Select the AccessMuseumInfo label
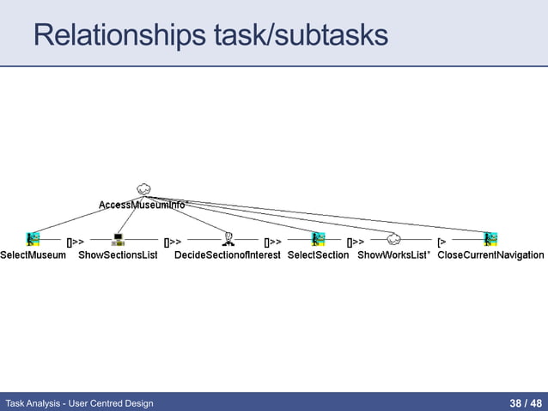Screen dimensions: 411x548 tap(142, 205)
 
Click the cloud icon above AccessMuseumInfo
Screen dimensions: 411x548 tap(143, 188)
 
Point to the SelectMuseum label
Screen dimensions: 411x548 tap(33, 255)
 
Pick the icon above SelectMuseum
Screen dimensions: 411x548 tap(33, 239)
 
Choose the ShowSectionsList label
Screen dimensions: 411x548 tap(118, 255)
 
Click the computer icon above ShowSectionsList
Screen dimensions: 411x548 tap(119, 239)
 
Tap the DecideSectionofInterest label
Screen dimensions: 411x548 tap(228, 255)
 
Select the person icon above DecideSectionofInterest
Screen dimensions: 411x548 tap(228, 239)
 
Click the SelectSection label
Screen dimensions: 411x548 tap(318, 255)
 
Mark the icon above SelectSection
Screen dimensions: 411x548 tap(318, 239)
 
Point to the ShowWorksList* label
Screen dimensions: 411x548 tap(393, 255)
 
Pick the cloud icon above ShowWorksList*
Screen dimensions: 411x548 tap(393, 239)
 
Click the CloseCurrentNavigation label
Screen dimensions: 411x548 tap(490, 255)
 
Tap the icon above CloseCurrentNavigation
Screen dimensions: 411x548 tap(490, 239)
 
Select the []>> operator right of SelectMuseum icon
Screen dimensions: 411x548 tap(76, 242)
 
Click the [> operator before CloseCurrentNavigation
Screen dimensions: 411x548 tap(441, 242)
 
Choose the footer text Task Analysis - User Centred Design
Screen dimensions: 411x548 tap(79, 402)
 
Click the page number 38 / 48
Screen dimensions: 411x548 tap(525, 402)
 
